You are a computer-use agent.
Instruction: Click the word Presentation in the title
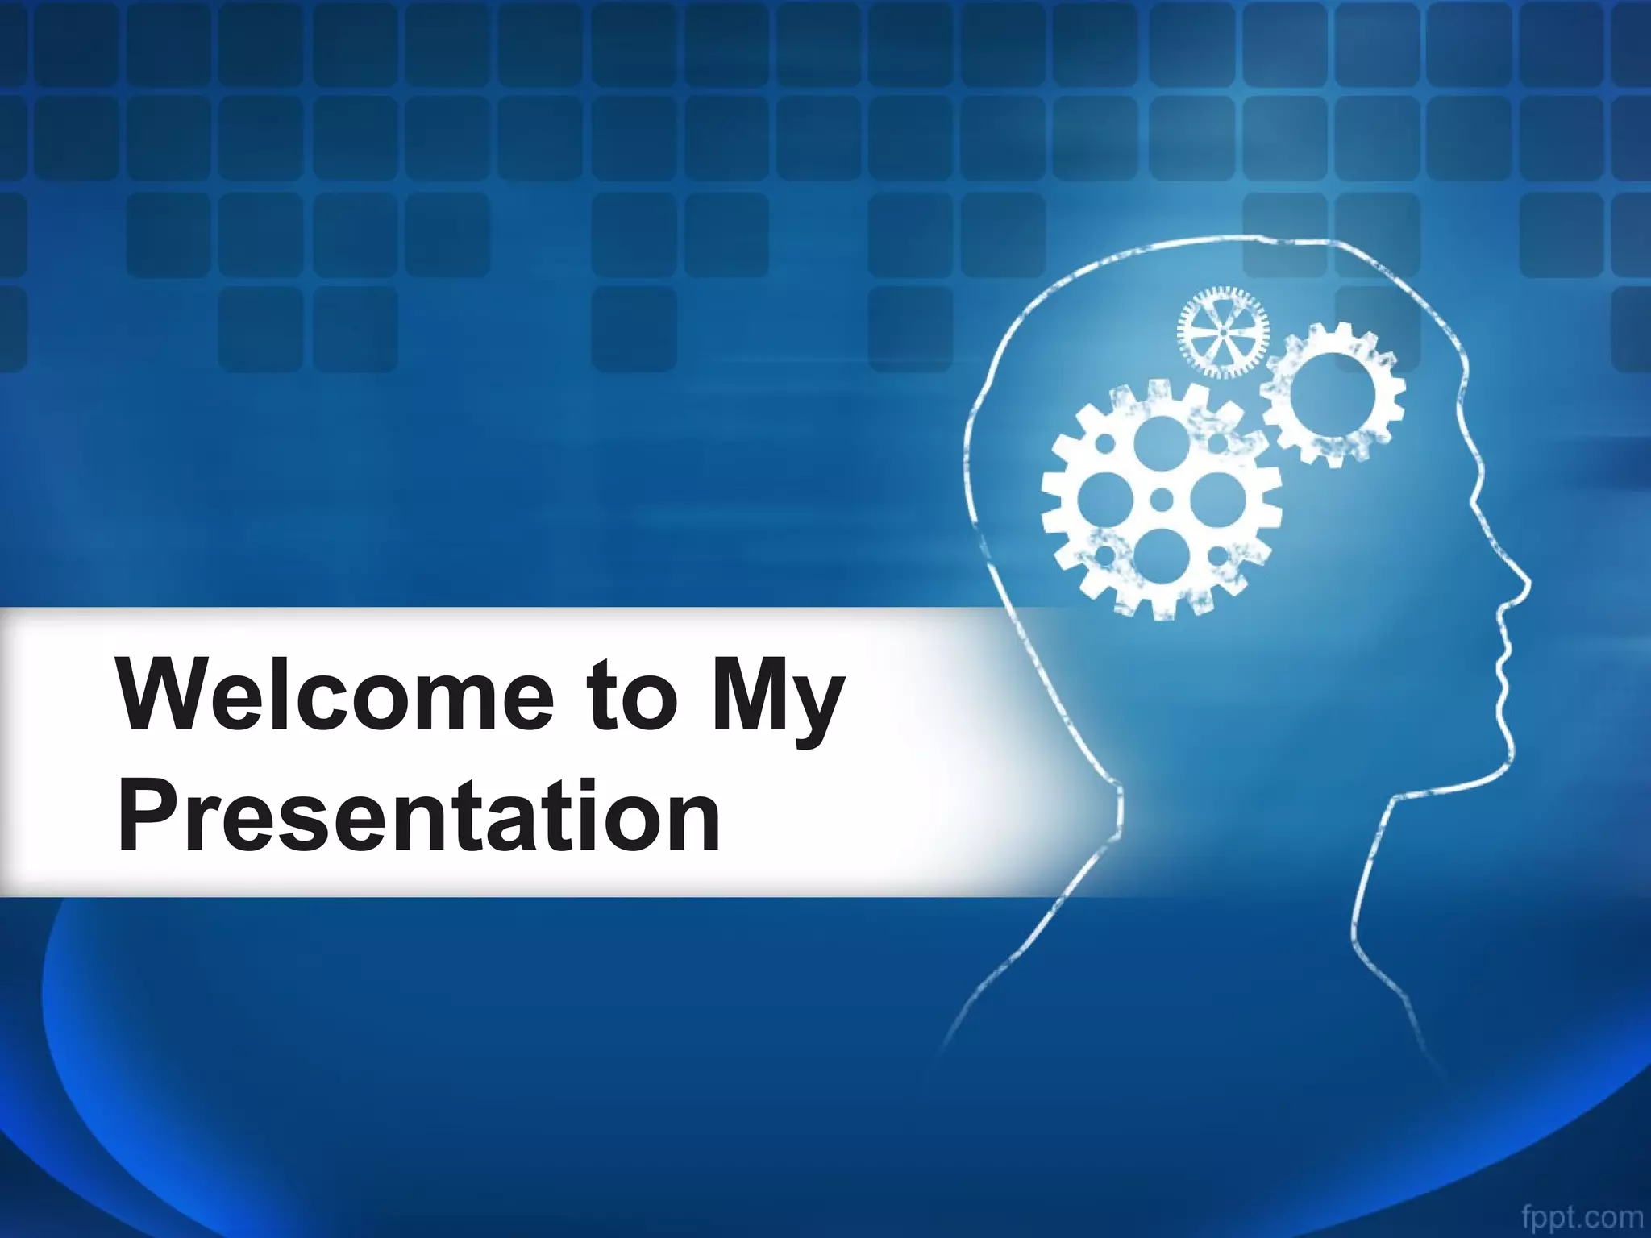coord(419,816)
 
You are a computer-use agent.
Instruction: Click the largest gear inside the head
coord(1161,500)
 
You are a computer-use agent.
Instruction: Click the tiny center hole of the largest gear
coord(1161,500)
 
